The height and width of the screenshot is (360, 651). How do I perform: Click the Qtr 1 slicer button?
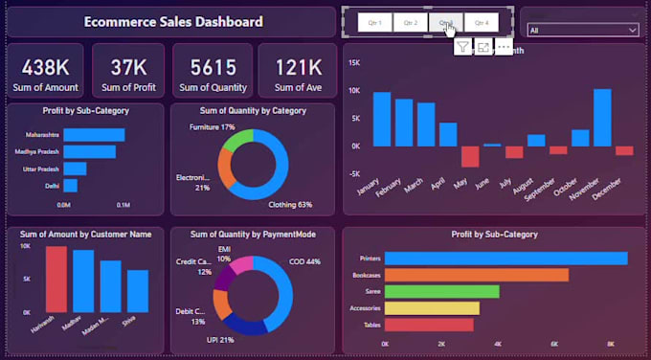point(374,22)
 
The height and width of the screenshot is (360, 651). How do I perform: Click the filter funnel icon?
point(462,47)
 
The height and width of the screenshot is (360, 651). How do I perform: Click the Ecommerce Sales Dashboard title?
point(173,22)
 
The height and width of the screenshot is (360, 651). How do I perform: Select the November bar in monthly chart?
point(602,117)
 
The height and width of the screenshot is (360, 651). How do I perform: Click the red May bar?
point(470,156)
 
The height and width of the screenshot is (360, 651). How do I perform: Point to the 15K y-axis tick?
point(353,63)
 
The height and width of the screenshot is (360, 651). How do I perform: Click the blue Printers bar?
point(505,259)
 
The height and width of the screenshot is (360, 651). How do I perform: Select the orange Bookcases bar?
point(476,275)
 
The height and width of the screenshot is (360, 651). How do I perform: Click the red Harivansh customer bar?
point(56,279)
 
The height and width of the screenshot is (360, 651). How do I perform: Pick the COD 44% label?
point(307,261)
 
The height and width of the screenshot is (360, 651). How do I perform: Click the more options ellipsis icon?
point(505,47)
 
